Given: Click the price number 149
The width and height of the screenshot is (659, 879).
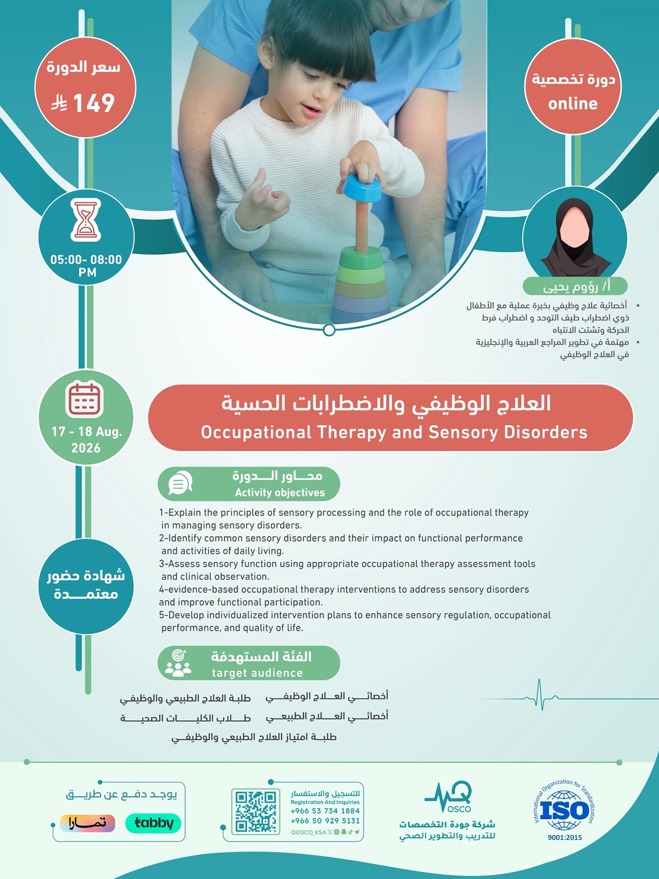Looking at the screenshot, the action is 94,103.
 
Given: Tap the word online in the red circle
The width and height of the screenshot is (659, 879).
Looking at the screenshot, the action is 573,104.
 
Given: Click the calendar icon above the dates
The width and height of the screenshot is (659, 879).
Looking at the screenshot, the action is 85,400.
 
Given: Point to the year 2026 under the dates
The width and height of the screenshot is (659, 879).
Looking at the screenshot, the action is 86,448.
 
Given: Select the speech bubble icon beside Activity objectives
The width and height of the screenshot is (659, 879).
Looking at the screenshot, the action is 180,483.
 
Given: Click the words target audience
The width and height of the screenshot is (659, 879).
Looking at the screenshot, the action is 257,673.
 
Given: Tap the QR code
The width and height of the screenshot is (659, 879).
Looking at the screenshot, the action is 255,812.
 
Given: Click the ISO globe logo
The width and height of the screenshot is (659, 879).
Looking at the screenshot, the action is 564,810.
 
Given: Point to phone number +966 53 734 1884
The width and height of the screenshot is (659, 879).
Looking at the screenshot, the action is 325,811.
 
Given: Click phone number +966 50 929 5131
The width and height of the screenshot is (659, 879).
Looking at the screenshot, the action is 325,821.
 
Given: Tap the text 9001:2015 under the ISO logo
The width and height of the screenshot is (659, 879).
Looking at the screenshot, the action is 565,838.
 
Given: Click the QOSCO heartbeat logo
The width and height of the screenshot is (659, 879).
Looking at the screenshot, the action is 448,797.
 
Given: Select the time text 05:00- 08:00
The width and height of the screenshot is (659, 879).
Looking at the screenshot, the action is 86,259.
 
